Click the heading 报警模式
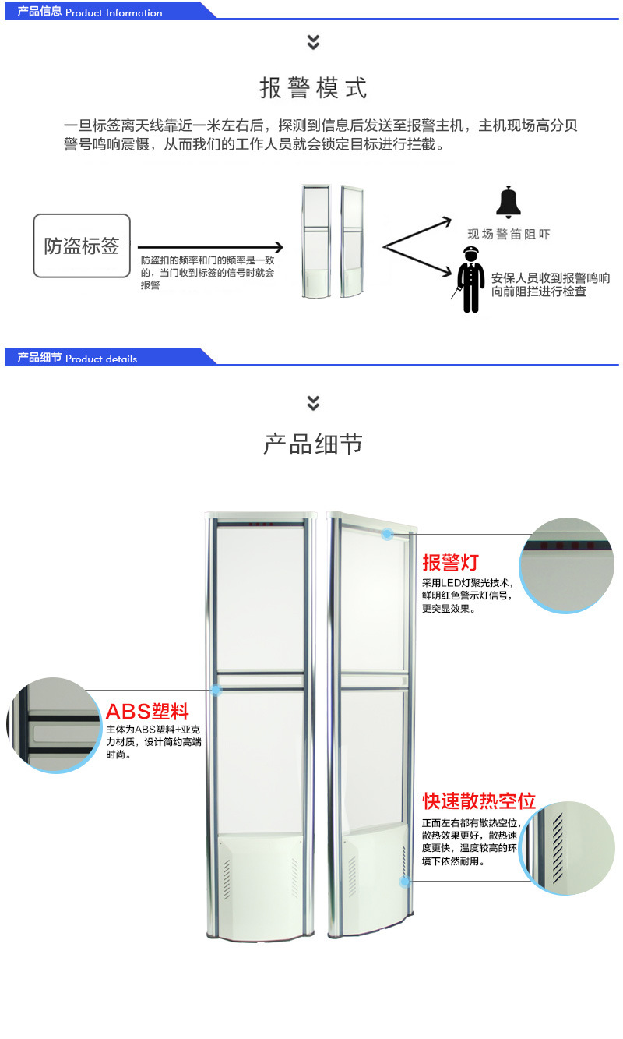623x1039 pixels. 313,88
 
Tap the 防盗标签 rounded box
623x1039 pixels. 82,246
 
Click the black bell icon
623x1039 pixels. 508,202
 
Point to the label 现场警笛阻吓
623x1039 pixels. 509,234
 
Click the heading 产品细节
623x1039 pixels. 313,444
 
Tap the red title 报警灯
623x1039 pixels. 450,562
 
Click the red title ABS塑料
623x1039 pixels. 147,711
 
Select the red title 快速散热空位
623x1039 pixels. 479,801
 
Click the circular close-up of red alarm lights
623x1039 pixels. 567,564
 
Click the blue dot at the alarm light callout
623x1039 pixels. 387,534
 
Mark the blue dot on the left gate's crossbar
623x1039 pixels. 216,690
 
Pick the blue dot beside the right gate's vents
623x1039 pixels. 405,882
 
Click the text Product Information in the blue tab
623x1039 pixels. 114,12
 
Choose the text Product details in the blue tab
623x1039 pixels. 101,359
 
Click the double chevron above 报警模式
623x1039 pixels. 313,42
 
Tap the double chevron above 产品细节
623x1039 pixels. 313,403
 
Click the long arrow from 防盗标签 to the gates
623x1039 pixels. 209,247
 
